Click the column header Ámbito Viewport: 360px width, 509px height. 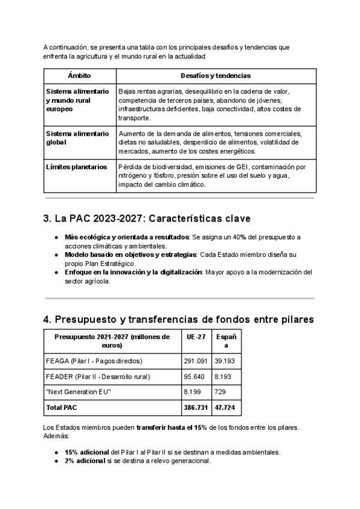click(x=79, y=76)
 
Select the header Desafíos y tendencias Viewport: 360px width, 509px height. click(x=215, y=76)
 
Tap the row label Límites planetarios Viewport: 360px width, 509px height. click(x=76, y=166)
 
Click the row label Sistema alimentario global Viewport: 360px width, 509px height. click(x=77, y=137)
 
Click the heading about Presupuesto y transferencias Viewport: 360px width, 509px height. click(x=179, y=319)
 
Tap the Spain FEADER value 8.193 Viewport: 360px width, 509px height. click(x=224, y=377)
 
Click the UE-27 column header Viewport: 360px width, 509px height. click(x=195, y=337)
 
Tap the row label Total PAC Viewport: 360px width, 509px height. click(x=62, y=408)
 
